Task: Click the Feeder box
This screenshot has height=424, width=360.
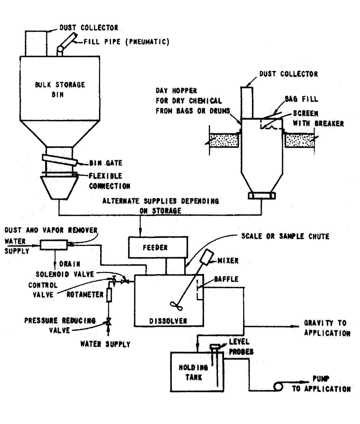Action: pos(158,248)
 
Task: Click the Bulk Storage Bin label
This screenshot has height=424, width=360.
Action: pos(60,89)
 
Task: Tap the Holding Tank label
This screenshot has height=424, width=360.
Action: pos(194,372)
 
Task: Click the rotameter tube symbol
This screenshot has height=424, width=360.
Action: pos(109,295)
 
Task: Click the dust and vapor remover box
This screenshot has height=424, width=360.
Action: pos(54,245)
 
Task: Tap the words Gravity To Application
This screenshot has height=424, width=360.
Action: pos(327,328)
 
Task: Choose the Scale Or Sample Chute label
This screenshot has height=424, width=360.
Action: pos(285,236)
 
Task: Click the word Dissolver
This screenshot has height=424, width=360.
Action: pos(168,321)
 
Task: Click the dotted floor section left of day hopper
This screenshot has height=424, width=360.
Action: pos(224,140)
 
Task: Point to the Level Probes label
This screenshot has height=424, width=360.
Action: pos(241,347)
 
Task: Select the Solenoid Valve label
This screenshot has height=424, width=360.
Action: pos(65,274)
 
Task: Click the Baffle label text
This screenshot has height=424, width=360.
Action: pos(226,279)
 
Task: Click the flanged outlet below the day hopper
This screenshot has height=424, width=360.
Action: pos(262,196)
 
